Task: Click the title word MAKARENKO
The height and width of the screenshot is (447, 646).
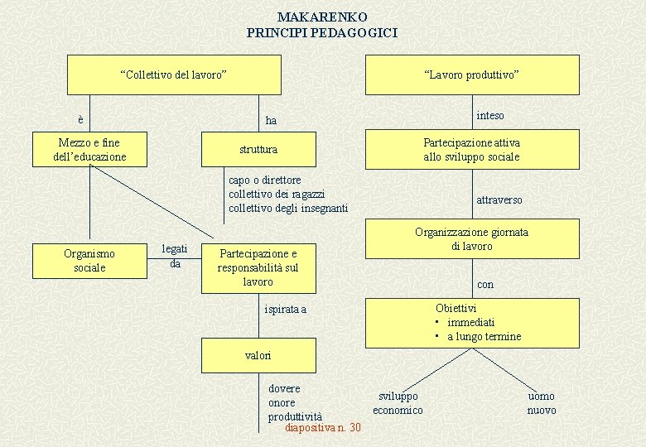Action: (x=322, y=17)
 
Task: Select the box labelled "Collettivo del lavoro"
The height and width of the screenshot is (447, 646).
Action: (x=174, y=75)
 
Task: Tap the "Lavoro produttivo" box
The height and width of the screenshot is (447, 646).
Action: (x=472, y=75)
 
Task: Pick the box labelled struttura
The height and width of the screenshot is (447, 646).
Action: (x=258, y=150)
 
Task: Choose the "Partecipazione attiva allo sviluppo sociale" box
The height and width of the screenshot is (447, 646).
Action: (x=472, y=150)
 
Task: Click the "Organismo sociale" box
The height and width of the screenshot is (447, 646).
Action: (x=89, y=260)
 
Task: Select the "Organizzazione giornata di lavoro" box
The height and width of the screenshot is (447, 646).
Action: (x=472, y=239)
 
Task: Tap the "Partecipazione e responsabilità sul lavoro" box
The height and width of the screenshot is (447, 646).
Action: (x=258, y=267)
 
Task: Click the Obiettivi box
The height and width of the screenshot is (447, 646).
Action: (x=472, y=322)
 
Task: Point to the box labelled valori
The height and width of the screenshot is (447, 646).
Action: (x=258, y=355)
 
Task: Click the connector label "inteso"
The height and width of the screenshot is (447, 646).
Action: (x=490, y=115)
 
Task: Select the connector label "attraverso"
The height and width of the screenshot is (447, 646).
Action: (x=499, y=199)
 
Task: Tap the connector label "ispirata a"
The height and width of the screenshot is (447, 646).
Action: (x=286, y=309)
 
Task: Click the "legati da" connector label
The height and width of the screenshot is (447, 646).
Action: (x=175, y=256)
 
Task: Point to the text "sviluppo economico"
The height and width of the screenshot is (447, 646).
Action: (x=398, y=403)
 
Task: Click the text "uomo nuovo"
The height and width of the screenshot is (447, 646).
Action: (x=542, y=403)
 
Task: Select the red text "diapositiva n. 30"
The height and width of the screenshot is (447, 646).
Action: (x=322, y=427)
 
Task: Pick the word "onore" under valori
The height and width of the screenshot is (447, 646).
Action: (x=282, y=402)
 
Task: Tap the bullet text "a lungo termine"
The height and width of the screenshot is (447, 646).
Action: (x=485, y=336)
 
